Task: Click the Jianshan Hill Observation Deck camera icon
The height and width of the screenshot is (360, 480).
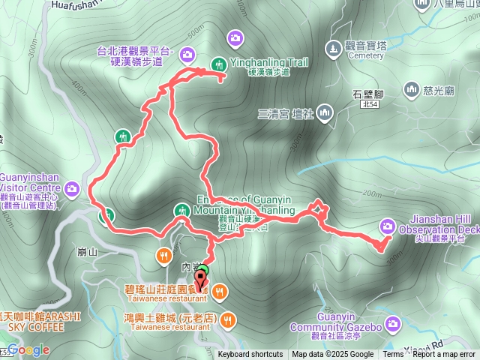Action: coord(387,224)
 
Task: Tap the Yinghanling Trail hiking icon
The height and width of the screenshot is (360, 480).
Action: coord(219,64)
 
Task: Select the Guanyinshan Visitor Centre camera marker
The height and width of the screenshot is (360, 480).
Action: coord(72,187)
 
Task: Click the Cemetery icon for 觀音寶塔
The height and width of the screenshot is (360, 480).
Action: coord(333,49)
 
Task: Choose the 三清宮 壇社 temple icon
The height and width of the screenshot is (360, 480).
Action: coord(324,113)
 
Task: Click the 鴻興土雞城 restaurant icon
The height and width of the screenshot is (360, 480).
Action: coord(229,321)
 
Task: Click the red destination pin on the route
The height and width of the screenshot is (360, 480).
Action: coord(202,279)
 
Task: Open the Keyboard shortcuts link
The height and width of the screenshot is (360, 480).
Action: coord(250,355)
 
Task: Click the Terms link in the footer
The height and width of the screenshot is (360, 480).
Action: coord(393,355)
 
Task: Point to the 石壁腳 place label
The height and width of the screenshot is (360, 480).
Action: coord(367,93)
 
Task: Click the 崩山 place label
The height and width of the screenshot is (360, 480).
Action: coord(88,252)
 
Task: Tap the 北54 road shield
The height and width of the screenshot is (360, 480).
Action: coord(368,105)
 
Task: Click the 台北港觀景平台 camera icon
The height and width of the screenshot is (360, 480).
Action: coord(187,53)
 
